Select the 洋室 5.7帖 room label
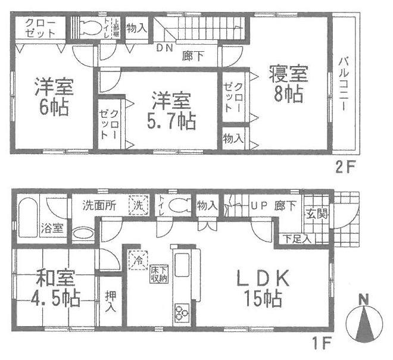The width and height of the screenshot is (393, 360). click(x=170, y=110)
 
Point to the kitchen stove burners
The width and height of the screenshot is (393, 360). click(x=181, y=311)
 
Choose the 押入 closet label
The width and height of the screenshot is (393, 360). click(x=110, y=302)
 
